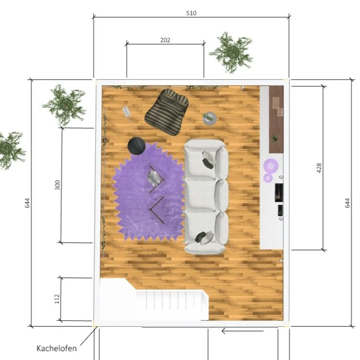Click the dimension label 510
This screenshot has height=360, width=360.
[191, 13]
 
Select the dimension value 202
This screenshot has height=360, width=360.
[165, 40]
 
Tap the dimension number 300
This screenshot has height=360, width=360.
[57, 185]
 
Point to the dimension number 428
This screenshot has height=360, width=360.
[319, 168]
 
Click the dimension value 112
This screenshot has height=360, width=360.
[57, 299]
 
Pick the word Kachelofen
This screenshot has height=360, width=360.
[57, 348]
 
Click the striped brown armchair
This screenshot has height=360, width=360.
[167, 112]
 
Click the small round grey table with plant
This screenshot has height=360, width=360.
[210, 118]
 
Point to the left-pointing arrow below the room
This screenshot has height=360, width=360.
[242, 331]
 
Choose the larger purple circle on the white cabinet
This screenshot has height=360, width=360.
[271, 166]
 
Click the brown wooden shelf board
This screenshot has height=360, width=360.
[276, 119]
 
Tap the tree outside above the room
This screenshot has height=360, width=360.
[232, 52]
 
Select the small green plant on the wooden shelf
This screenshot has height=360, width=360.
[274, 138]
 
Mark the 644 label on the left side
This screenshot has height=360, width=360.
[27, 203]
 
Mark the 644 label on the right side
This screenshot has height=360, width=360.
[348, 203]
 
